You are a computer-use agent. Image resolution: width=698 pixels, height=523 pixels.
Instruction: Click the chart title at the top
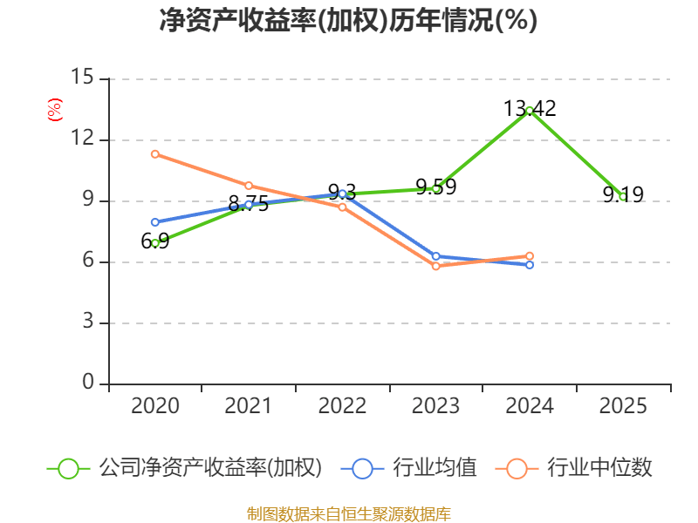tap(348, 21)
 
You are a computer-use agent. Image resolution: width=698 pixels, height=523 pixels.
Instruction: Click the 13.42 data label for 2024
tap(530, 109)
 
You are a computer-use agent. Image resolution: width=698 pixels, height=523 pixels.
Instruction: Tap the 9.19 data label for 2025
tap(623, 194)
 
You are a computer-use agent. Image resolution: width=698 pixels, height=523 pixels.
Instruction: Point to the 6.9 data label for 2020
tap(155, 241)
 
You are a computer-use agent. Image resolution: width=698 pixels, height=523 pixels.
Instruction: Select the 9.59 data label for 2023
tap(435, 187)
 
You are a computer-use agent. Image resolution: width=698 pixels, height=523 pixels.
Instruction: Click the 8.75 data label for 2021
tap(249, 204)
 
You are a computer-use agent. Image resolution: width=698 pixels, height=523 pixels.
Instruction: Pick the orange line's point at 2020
tap(155, 154)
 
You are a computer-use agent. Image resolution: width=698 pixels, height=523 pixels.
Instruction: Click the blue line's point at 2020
tap(155, 222)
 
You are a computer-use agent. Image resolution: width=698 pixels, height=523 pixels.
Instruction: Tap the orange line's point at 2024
tap(530, 256)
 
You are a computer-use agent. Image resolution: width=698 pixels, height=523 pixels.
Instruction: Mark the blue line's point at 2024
tap(530, 264)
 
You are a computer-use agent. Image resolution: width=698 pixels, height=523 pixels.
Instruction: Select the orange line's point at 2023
tap(435, 266)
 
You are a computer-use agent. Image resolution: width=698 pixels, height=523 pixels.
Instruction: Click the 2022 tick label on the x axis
tap(342, 406)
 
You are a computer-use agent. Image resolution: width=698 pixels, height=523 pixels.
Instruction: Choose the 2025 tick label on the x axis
tap(623, 406)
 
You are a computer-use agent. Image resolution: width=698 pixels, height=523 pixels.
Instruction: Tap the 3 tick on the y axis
tap(89, 323)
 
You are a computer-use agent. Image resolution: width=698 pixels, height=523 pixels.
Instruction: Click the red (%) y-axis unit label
tap(55, 110)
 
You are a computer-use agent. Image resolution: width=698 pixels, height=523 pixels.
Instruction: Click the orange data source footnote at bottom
tap(348, 513)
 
